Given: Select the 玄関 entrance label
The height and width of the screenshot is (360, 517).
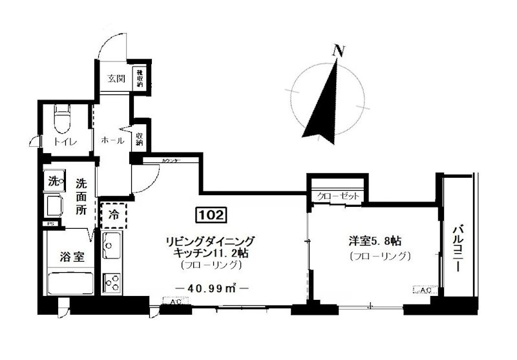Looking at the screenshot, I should tap(116, 79).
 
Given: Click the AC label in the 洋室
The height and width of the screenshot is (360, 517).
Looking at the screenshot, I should tap(425, 291).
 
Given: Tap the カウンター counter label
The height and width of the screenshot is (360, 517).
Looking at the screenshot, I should tap(171, 160).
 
